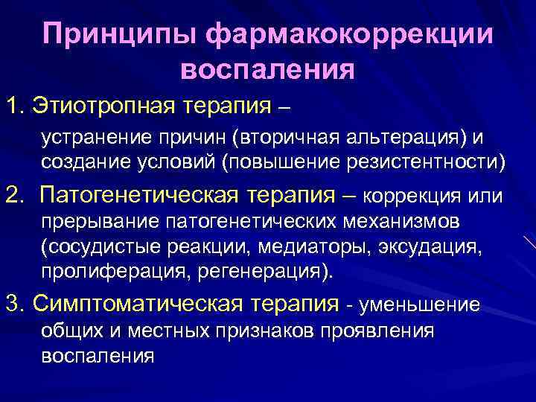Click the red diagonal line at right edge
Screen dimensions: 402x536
click(x=529, y=243)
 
